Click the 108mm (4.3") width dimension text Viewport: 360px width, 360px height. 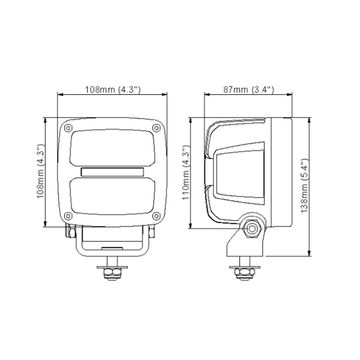(x=112, y=89)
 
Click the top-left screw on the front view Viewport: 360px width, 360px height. (x=69, y=128)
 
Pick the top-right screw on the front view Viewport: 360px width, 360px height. (x=156, y=128)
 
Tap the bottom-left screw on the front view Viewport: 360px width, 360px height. (x=69, y=215)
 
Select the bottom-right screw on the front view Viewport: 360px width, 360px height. (x=156, y=215)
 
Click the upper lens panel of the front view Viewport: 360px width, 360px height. (x=112, y=149)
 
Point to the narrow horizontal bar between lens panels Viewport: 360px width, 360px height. (x=112, y=172)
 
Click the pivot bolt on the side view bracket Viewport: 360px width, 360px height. (x=251, y=227)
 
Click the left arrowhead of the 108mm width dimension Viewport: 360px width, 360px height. (x=59, y=94)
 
